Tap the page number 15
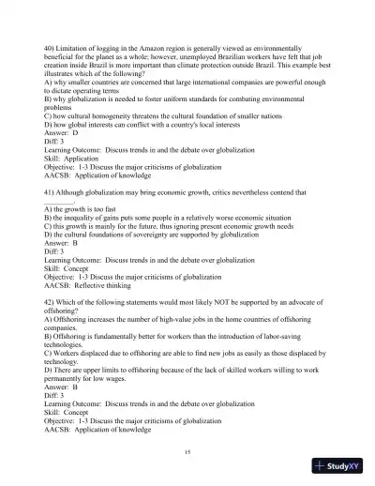[187, 451]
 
